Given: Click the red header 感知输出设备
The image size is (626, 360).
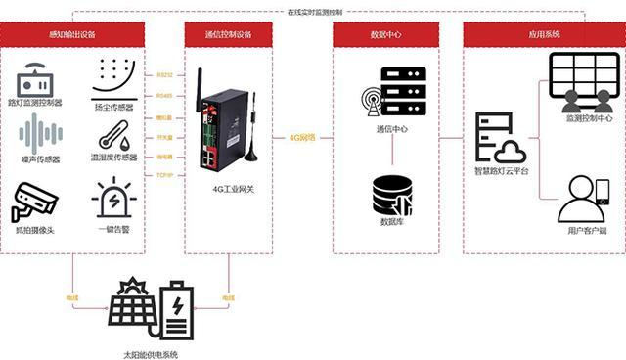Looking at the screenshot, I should tap(74, 34).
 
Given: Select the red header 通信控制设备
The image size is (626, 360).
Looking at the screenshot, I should tap(230, 34).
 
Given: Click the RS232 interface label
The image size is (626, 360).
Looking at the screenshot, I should tap(164, 73).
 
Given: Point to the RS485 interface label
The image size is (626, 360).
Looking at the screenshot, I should tap(164, 95).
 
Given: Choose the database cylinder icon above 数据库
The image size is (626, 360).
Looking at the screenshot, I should tap(392, 195).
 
